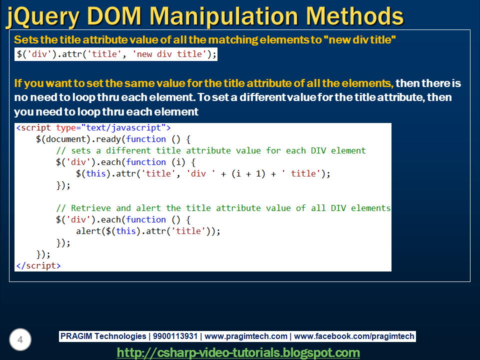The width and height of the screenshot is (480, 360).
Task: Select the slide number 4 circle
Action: click(20, 340)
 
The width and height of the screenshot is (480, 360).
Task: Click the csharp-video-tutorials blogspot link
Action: click(238, 352)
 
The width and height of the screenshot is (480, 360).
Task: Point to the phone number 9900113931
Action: click(174, 336)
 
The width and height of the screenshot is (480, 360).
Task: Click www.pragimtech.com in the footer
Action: click(246, 336)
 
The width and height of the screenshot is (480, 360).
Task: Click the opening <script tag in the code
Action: click(34, 128)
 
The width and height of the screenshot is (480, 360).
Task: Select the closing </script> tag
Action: click(38, 265)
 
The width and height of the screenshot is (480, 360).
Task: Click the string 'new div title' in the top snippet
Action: click(169, 54)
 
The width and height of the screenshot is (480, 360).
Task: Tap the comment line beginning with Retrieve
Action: click(223, 208)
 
